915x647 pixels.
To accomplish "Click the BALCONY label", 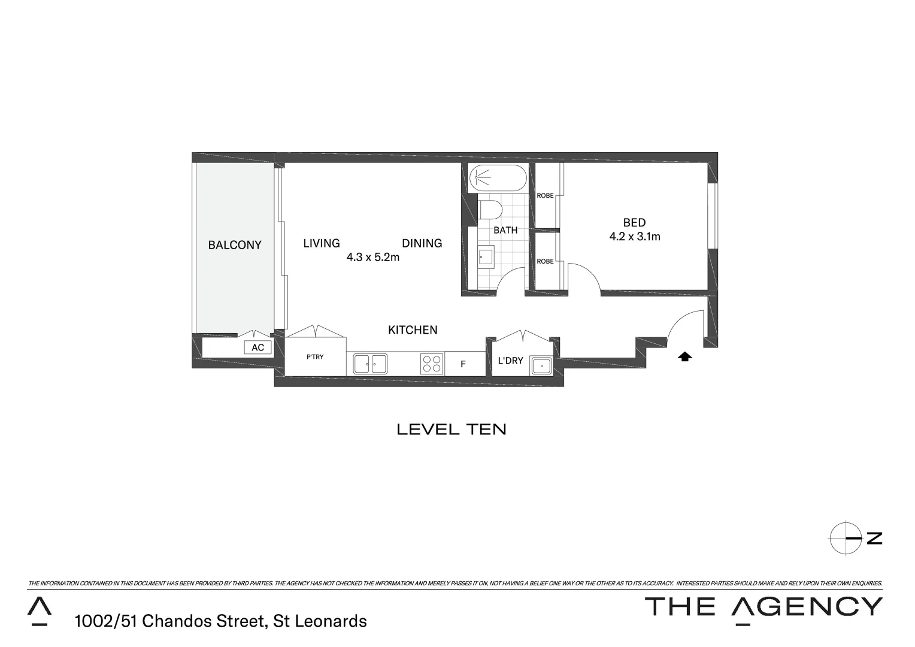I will point(235,244).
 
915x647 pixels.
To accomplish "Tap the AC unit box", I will point(257,347).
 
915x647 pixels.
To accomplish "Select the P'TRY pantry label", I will point(315,357).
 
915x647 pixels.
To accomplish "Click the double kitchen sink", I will point(370,364).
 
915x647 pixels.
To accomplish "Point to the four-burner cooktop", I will point(432,364).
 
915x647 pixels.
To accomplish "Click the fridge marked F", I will point(463,364).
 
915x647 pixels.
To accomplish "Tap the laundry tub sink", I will point(541,365).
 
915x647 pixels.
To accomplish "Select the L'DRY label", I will point(510,361).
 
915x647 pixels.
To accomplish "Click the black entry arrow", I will point(685,357).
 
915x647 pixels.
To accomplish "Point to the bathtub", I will point(497,178).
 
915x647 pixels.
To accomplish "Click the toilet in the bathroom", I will point(490,210).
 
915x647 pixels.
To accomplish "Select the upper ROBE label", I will point(545,195).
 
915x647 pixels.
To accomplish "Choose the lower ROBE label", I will point(545,261).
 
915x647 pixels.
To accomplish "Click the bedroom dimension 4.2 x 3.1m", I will point(635,237).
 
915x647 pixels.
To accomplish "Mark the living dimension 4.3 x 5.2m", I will point(372,258).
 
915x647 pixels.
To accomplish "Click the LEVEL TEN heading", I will point(452,429).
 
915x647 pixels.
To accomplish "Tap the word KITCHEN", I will point(413,329).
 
